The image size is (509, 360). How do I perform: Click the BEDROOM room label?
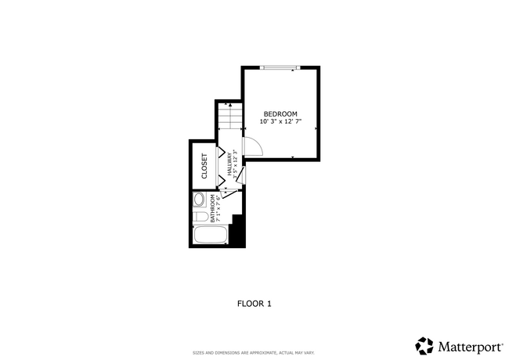280,113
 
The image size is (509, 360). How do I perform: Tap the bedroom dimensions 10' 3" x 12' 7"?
280,122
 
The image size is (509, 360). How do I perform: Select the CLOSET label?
204,166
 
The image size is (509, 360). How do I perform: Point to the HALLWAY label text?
230,164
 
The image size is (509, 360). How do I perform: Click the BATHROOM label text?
201,208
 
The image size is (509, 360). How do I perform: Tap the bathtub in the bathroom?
210,235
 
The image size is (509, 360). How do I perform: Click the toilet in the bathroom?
200,217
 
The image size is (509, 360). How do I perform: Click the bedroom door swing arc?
252,146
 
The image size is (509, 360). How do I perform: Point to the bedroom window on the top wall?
280,68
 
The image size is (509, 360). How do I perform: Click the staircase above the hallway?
229,118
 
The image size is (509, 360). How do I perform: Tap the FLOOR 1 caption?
254,303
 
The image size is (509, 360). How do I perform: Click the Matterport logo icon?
424,345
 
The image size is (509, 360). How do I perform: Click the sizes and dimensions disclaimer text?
254,352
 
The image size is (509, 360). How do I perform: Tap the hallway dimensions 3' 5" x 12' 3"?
236,165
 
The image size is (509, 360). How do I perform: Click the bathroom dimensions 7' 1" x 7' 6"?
208,208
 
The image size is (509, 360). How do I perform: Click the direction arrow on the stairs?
229,104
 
